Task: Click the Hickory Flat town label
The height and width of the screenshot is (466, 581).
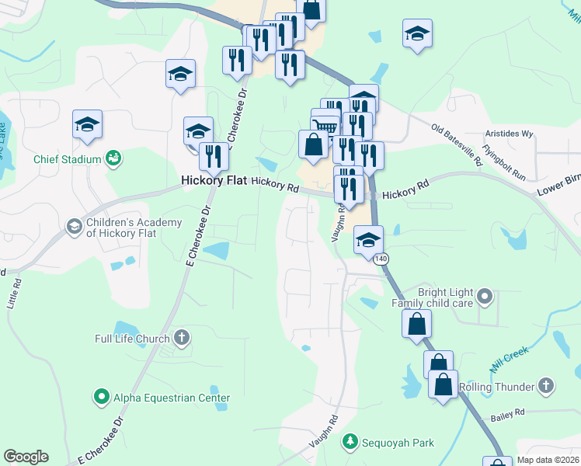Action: (x=213, y=180)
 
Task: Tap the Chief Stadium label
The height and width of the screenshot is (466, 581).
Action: (x=68, y=159)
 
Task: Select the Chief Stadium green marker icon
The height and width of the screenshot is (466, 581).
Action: (x=113, y=158)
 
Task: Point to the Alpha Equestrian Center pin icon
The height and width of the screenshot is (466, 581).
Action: (x=101, y=398)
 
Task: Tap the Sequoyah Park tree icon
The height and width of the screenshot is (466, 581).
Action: (x=350, y=442)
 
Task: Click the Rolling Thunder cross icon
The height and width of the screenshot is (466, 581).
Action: (x=546, y=386)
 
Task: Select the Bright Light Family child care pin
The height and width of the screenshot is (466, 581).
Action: (x=485, y=296)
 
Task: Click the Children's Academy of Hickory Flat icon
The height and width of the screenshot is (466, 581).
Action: (x=75, y=227)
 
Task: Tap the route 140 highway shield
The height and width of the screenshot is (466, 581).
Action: (x=380, y=258)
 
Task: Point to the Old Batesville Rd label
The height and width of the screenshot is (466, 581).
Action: (x=457, y=144)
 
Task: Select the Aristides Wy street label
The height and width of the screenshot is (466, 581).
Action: (x=509, y=134)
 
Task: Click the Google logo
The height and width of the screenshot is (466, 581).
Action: (x=26, y=457)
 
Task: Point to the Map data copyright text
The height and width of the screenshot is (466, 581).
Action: (x=548, y=460)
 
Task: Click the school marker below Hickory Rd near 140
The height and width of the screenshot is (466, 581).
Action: (x=368, y=239)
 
